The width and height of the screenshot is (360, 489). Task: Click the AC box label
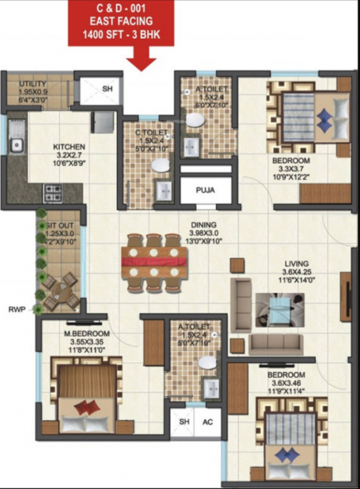tap(207, 422)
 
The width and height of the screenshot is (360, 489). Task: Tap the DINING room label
tap(203, 225)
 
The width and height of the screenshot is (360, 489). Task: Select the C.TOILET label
tap(152, 132)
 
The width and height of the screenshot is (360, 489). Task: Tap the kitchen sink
tap(16, 146)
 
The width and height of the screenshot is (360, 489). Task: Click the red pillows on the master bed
tap(87, 407)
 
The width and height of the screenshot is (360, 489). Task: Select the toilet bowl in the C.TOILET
tap(161, 165)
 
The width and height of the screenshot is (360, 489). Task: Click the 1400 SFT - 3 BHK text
tap(121, 35)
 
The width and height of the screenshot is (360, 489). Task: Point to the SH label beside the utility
tap(107, 89)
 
